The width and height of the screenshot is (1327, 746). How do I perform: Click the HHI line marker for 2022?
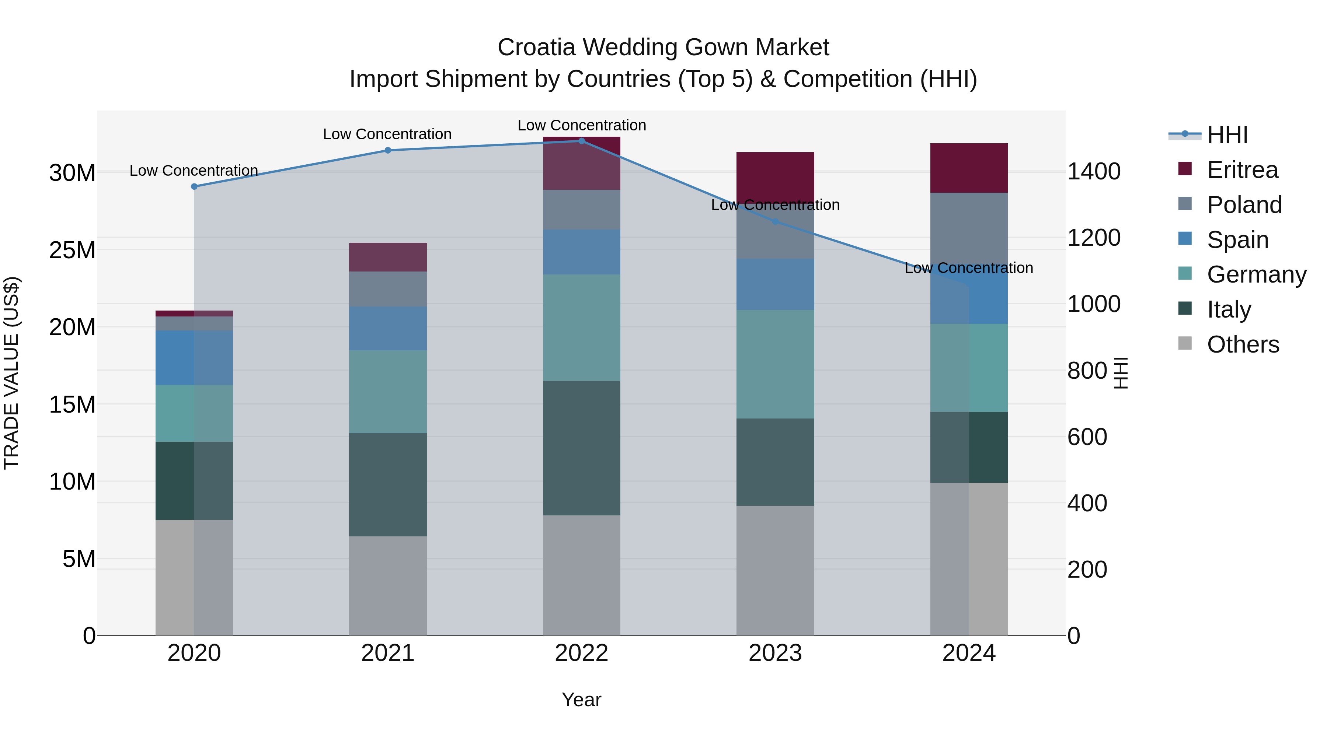coord(582,141)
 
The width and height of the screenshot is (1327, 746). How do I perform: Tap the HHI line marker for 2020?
coord(194,186)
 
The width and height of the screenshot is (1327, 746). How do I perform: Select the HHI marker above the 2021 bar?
coord(388,150)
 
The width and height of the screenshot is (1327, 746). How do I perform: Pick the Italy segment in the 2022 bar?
coord(582,448)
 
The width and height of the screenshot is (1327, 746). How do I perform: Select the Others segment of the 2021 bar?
coord(388,585)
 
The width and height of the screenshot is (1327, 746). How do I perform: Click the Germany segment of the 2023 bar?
coord(775,364)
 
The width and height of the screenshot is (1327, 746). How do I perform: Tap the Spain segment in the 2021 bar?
coord(388,329)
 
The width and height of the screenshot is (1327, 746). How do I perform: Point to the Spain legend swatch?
coord(1185,239)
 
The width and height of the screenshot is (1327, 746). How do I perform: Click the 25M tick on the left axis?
coord(72,250)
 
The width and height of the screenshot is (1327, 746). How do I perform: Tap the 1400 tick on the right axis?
coord(1094,171)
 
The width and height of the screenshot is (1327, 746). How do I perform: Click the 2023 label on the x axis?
coord(775,653)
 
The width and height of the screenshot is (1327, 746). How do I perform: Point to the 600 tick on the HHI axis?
coord(1087,437)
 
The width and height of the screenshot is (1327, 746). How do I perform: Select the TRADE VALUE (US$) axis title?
coord(11,373)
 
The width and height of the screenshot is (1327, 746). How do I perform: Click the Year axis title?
coord(582,700)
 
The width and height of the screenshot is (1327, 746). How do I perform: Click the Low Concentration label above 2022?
coord(582,125)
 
